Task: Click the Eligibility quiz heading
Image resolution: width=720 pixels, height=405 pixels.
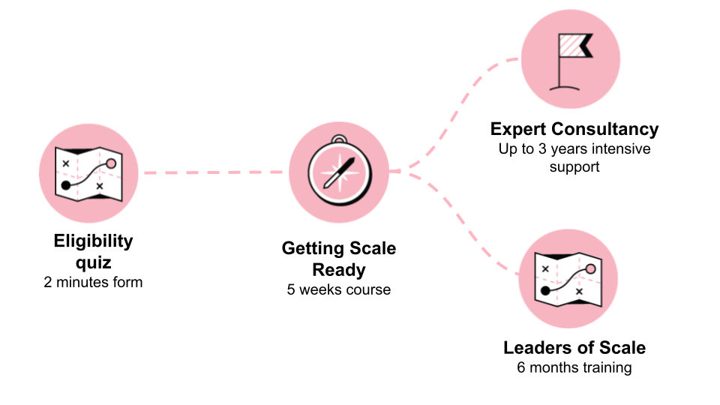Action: coord(93,251)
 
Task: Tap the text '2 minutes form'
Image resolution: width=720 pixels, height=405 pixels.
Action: coord(93,283)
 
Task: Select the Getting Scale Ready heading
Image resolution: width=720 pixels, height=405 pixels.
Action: coord(339,258)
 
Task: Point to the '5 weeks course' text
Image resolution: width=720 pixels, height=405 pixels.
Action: coord(339,289)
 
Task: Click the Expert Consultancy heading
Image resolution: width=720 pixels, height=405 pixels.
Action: coord(574,129)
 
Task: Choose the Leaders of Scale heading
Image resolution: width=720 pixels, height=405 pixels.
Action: coord(574,348)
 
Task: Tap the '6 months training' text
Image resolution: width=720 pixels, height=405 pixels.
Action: coord(574,367)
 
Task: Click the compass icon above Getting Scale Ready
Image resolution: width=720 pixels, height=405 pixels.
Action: coord(339,172)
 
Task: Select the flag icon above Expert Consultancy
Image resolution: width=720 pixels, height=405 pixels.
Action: coord(571,59)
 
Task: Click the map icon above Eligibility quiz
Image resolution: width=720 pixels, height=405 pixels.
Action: coord(88,173)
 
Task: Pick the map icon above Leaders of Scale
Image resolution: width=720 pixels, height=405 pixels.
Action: coord(568,279)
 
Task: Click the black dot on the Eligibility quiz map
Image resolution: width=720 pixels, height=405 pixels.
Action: coord(65,184)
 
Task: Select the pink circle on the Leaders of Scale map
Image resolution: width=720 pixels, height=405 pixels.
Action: coord(590,268)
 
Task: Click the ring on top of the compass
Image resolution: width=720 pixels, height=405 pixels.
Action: coord(339,139)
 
